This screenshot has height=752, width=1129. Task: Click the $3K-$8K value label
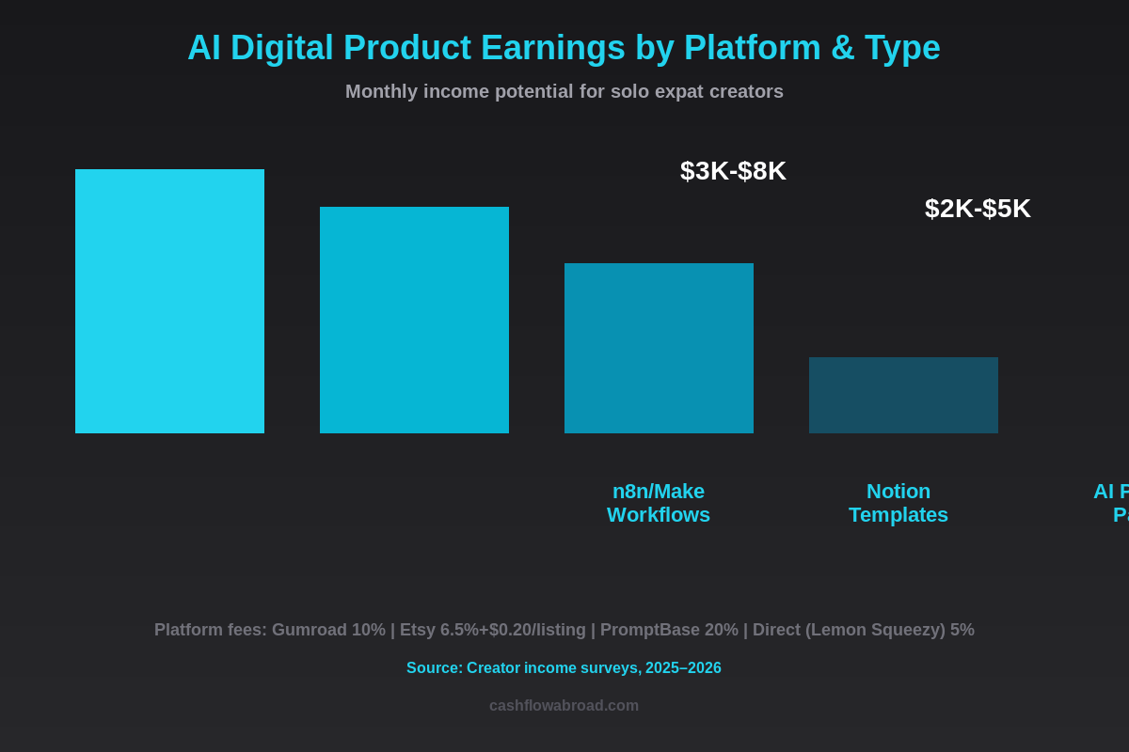click(x=733, y=171)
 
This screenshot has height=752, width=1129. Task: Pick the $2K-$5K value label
click(x=978, y=209)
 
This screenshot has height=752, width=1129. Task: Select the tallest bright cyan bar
click(x=169, y=301)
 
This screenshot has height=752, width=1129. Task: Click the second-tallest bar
click(x=414, y=320)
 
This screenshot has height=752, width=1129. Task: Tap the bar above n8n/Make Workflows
click(x=659, y=348)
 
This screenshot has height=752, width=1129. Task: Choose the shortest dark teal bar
click(x=903, y=395)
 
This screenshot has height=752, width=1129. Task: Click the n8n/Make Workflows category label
click(x=659, y=503)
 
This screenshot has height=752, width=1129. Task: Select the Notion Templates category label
click(x=898, y=503)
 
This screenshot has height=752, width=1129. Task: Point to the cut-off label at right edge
click(x=1112, y=503)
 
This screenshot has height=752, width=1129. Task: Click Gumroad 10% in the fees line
click(x=328, y=630)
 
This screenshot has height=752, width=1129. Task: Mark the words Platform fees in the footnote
click(x=210, y=630)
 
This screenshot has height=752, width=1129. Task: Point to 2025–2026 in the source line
click(x=683, y=668)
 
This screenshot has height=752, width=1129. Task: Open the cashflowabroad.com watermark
click(x=564, y=706)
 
